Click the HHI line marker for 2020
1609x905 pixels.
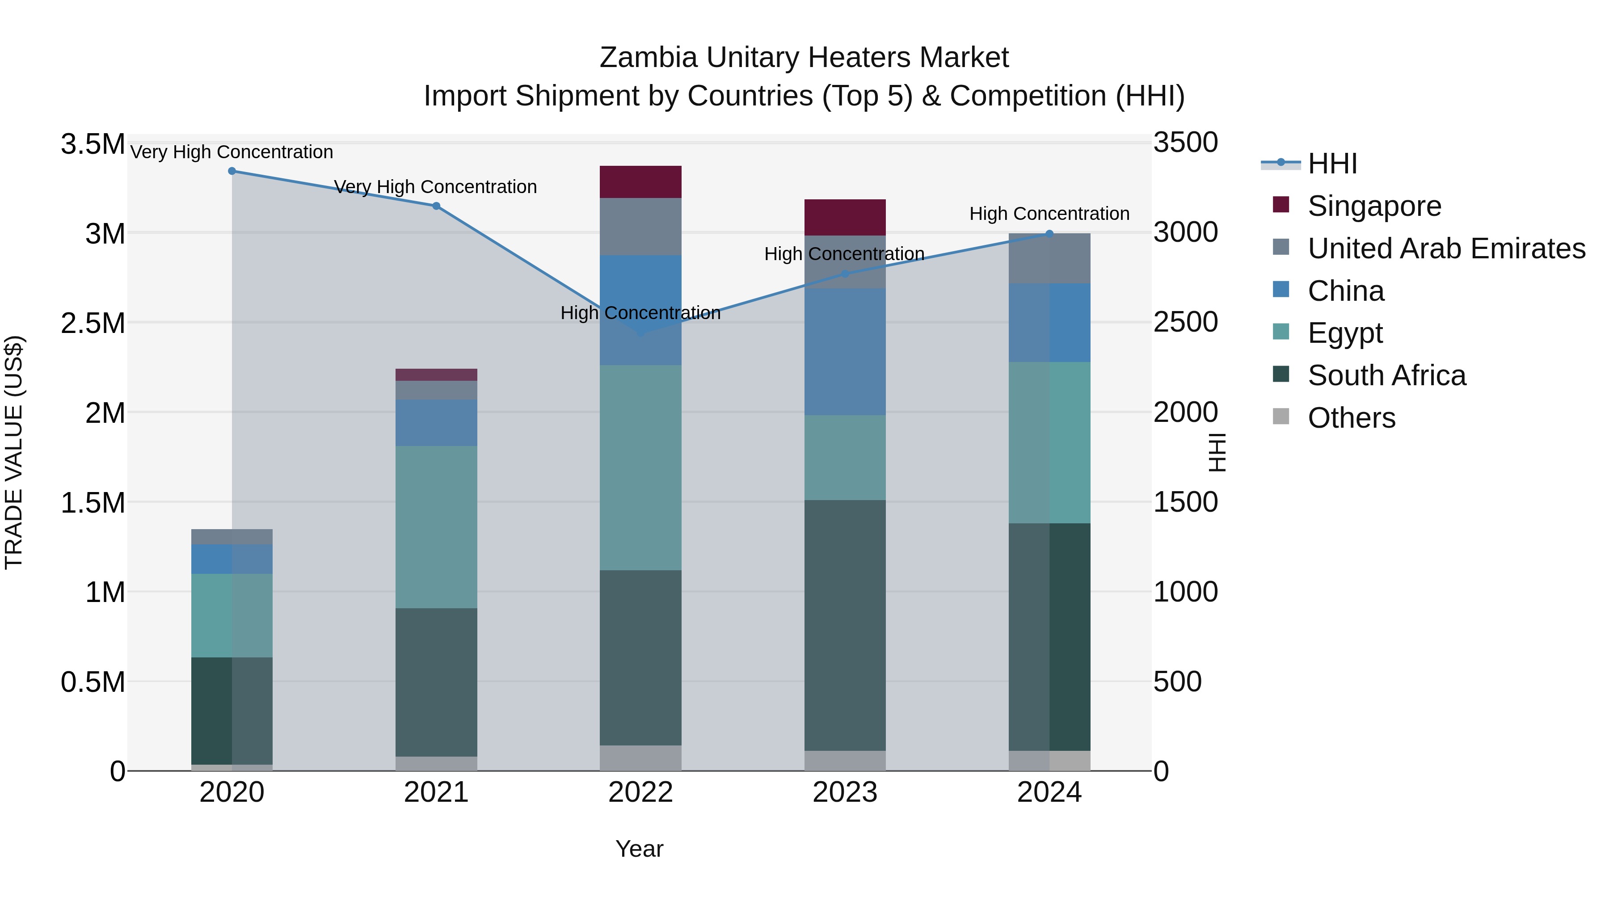[232, 171]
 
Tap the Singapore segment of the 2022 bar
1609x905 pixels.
[640, 182]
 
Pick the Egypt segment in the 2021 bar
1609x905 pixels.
[436, 526]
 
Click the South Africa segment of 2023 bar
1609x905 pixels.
[844, 625]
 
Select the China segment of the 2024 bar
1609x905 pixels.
[1049, 322]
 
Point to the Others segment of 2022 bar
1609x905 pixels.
[640, 758]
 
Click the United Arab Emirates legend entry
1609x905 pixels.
[1446, 248]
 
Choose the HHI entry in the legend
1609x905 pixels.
[1332, 164]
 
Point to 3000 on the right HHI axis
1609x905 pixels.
[1185, 232]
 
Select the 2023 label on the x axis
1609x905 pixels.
[844, 792]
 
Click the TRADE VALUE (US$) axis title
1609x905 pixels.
[14, 452]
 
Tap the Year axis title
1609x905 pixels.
[639, 849]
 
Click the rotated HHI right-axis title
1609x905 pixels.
[1217, 452]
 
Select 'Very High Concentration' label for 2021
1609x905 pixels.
[435, 187]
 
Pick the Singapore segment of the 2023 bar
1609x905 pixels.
[844, 217]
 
